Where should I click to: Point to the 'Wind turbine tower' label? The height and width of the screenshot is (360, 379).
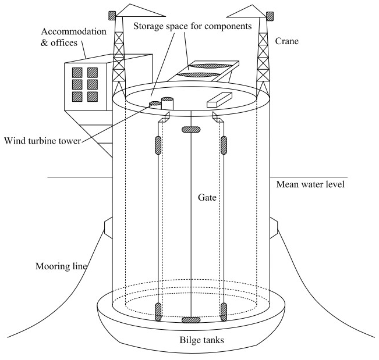(x=42, y=140)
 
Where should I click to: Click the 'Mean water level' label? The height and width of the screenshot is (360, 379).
(x=310, y=185)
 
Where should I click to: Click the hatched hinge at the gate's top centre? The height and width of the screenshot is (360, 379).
(x=191, y=129)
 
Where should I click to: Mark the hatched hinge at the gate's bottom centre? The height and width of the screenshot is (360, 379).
(x=191, y=320)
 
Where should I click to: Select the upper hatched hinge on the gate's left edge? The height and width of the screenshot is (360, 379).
(x=158, y=145)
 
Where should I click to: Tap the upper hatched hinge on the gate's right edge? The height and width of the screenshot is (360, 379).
(x=224, y=145)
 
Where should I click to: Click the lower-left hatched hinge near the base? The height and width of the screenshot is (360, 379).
(x=158, y=312)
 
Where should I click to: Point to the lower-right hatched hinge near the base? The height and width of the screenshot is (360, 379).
(x=224, y=312)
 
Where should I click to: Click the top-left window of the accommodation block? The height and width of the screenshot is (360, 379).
(x=78, y=73)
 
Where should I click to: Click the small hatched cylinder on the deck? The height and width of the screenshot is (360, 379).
(x=155, y=105)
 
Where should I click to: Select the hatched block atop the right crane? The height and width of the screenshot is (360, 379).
(x=270, y=16)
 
